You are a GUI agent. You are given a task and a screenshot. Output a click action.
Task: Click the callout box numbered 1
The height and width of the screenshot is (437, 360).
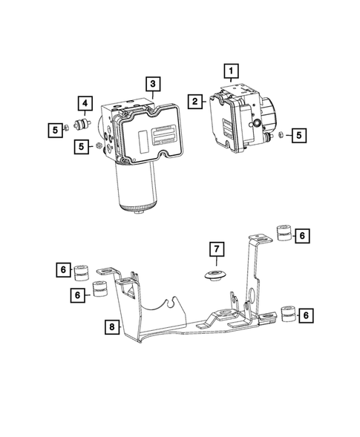pos(232,72)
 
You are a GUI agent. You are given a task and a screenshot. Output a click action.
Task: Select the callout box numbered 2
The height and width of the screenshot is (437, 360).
pos(196,102)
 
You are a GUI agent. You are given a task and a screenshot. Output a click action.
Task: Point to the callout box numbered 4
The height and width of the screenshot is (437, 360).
pos(86,103)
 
